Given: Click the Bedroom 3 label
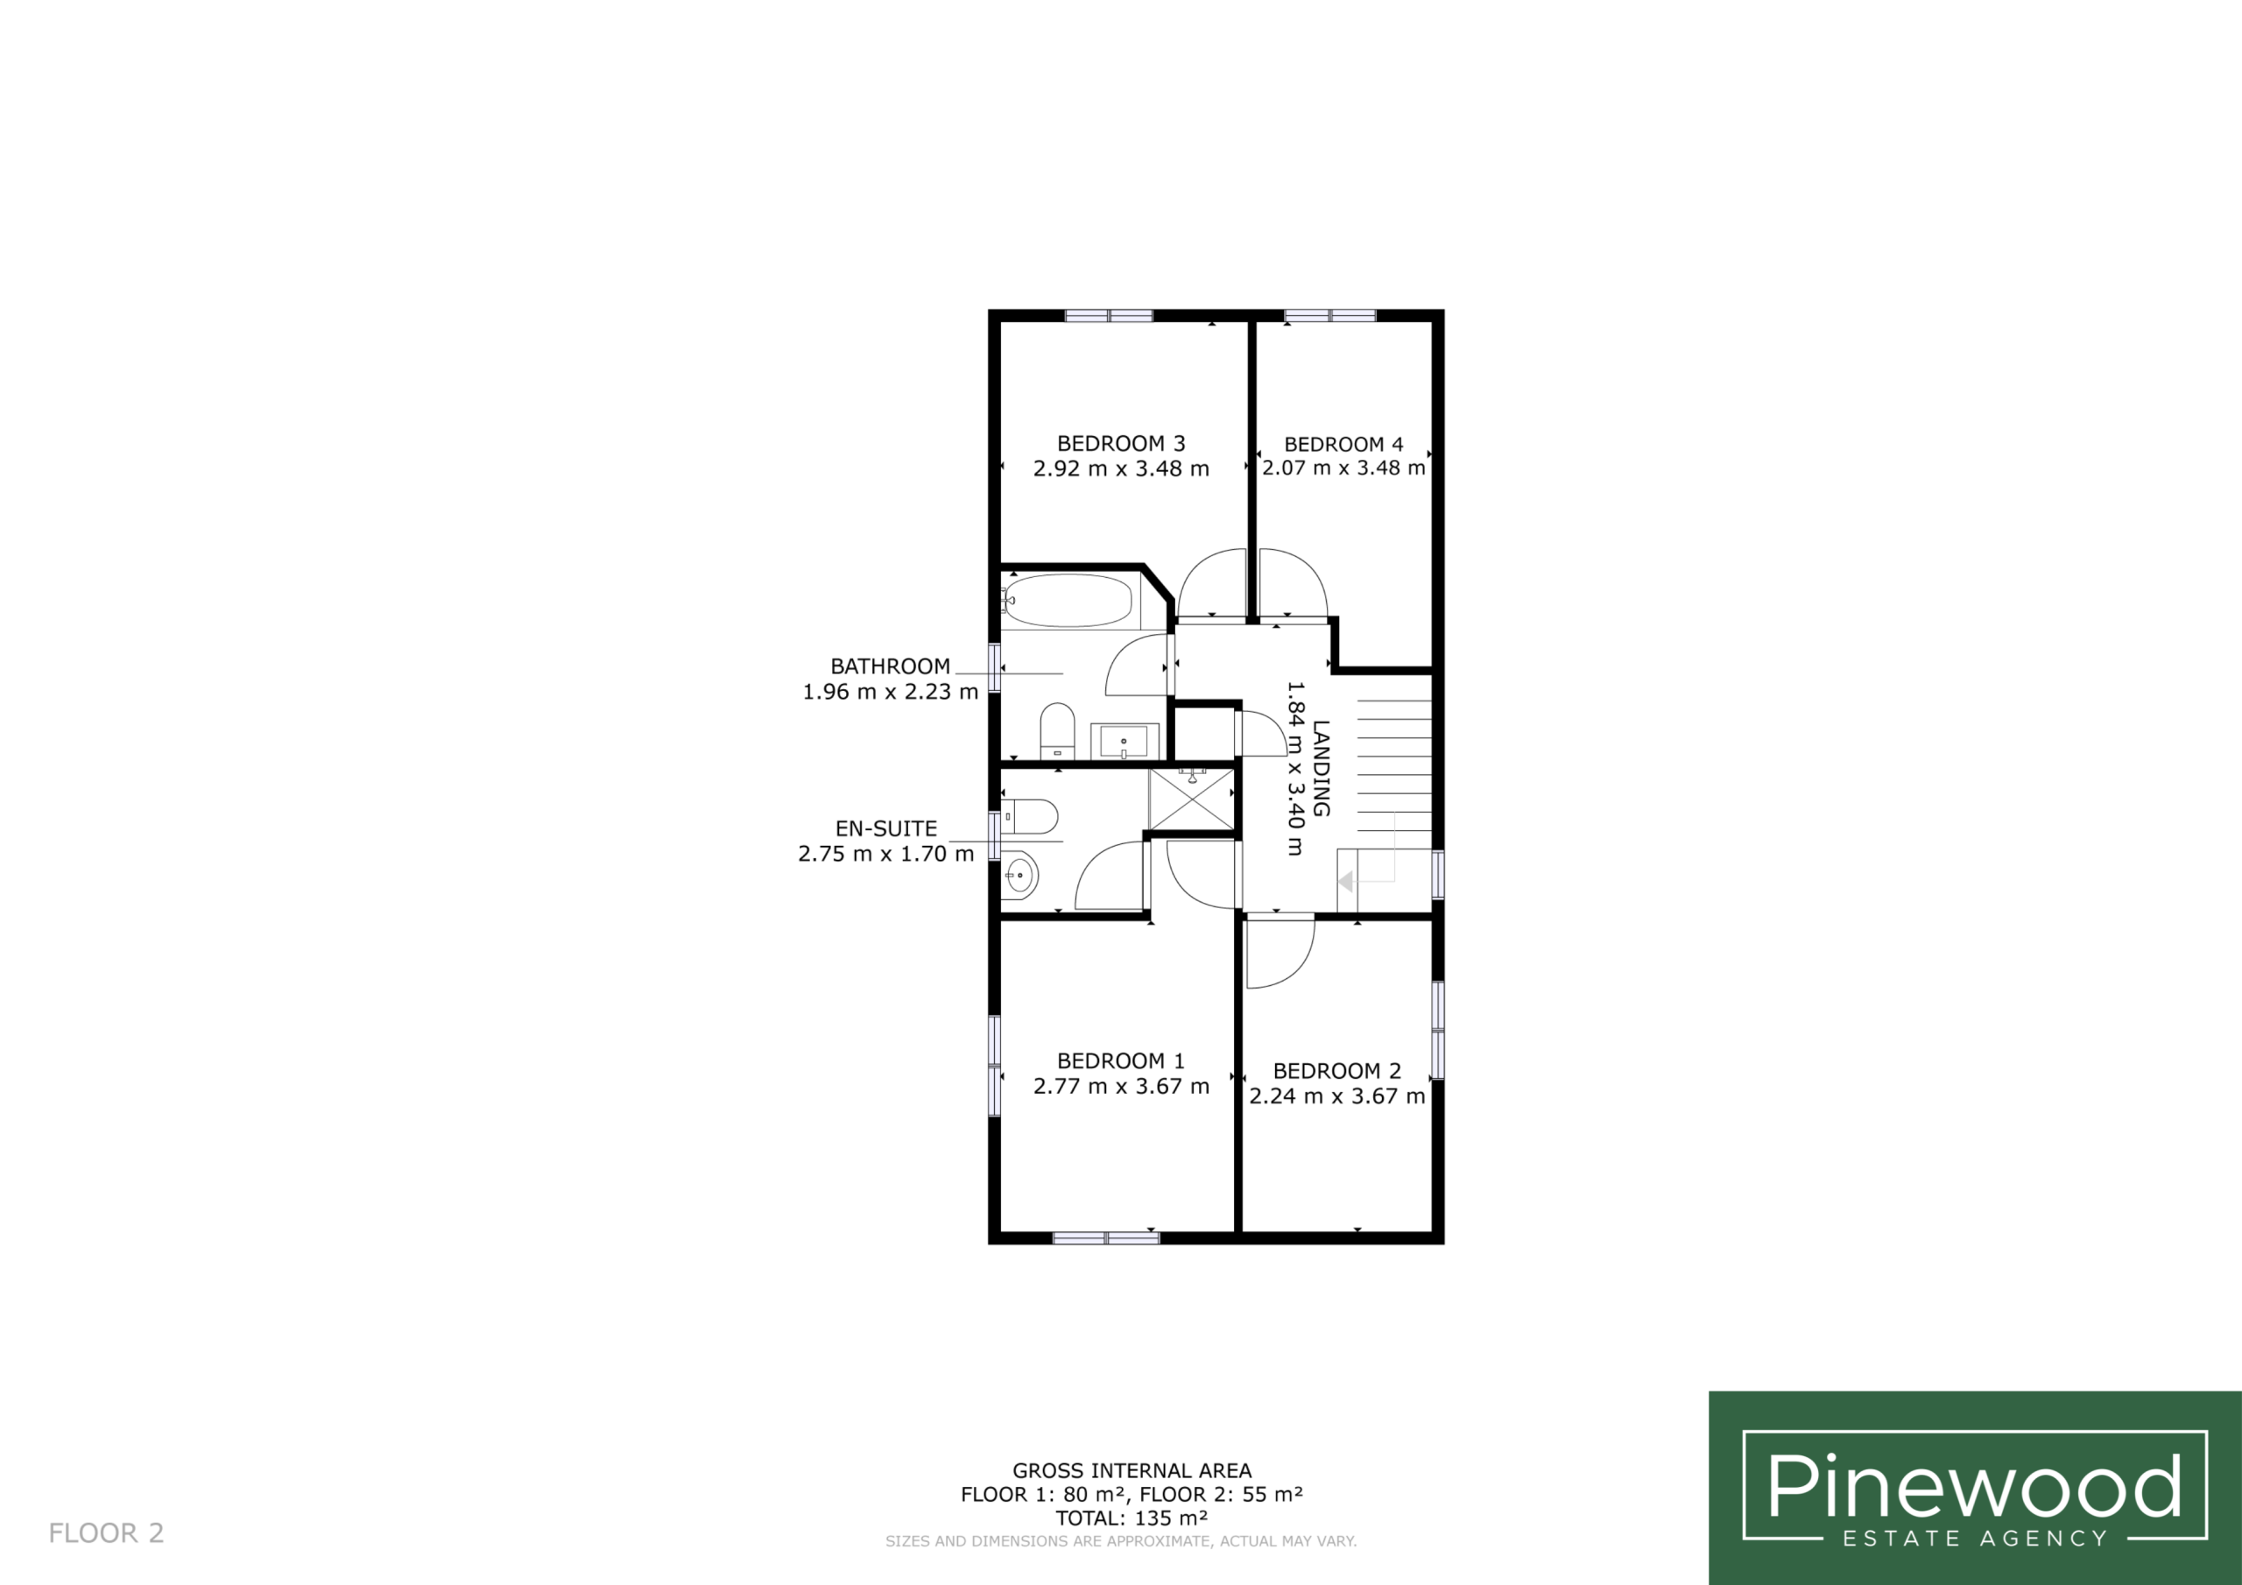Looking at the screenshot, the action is pyautogui.click(x=1121, y=443).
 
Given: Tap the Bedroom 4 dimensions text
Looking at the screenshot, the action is pyautogui.click(x=1343, y=468).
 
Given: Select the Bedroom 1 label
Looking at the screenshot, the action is pyautogui.click(x=1121, y=1060).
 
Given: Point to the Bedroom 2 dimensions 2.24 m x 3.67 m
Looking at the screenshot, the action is pyautogui.click(x=1336, y=1095).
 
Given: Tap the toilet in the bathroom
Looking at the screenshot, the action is pyautogui.click(x=1056, y=730).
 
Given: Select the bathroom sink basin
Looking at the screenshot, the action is pyautogui.click(x=1124, y=741).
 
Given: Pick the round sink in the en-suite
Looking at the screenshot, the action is pyautogui.click(x=1019, y=876).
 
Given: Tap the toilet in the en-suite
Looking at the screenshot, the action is pyautogui.click(x=1029, y=816).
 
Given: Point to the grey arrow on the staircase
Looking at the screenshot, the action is pyautogui.click(x=1345, y=882).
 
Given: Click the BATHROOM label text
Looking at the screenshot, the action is pyautogui.click(x=890, y=667).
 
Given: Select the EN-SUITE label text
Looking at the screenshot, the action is pyautogui.click(x=885, y=829).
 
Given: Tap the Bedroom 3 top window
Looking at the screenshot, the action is pyautogui.click(x=1109, y=315).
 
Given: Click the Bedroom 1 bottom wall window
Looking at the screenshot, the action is pyautogui.click(x=1106, y=1237).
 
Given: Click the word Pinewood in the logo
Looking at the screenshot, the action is pyautogui.click(x=1974, y=1485).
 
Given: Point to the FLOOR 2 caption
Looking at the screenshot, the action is pyautogui.click(x=107, y=1533).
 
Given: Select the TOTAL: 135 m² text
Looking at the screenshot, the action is pyautogui.click(x=1132, y=1518).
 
